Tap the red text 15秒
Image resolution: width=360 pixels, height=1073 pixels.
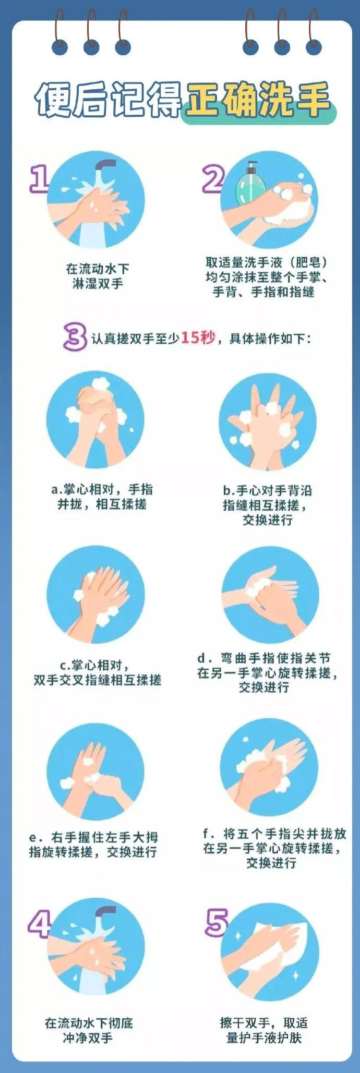pyautogui.click(x=198, y=337)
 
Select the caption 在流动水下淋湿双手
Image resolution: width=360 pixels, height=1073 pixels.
pyautogui.click(x=98, y=276)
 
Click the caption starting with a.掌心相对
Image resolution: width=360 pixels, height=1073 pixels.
pyautogui.click(x=102, y=497)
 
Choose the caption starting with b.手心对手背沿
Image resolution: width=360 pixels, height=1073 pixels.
pyautogui.click(x=267, y=505)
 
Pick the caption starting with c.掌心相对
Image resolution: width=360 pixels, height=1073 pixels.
pyautogui.click(x=98, y=672)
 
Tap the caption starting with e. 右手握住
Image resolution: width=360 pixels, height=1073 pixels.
pyautogui.click(x=93, y=844)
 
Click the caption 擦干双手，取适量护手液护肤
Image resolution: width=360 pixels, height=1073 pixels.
pyautogui.click(x=264, y=1030)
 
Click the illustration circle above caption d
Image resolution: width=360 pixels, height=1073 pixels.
pyautogui.click(x=269, y=595)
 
